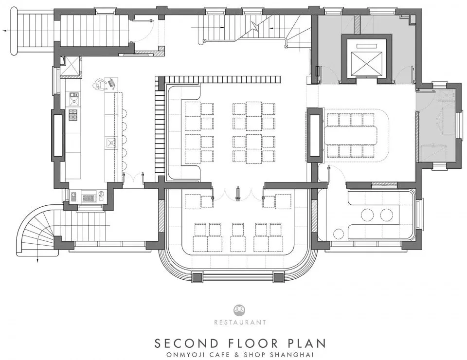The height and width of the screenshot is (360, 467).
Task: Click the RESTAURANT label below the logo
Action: [x=240, y=322]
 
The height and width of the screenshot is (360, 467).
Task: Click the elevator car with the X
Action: [x=366, y=64]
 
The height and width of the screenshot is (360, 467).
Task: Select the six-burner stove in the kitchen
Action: [x=73, y=115]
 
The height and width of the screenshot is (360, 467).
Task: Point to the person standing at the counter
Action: [x=100, y=85]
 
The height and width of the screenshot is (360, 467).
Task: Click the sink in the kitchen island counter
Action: [x=111, y=143]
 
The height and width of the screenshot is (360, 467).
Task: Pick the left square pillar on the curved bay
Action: [x=197, y=277]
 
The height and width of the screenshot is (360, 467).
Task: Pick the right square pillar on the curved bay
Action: [x=278, y=277]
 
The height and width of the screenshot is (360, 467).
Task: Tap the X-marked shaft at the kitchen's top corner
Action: [x=70, y=65]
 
